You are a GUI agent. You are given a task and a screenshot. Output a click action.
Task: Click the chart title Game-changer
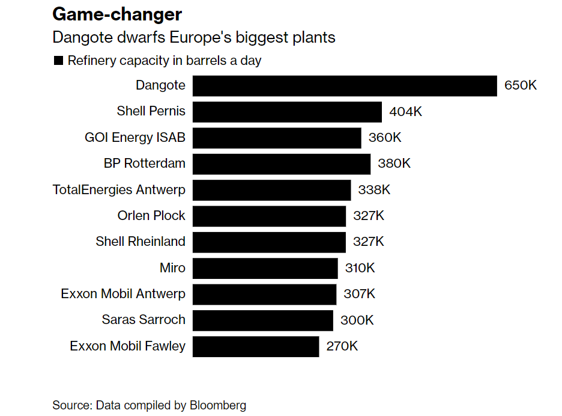(117, 14)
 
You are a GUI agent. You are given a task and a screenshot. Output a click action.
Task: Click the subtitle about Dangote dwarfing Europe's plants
(193, 37)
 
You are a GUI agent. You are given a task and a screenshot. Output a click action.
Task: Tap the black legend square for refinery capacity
(58, 61)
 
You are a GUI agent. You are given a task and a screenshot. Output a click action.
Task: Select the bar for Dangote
(344, 85)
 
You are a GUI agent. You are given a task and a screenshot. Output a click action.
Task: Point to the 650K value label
(520, 85)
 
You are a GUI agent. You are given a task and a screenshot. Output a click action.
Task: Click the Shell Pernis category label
(151, 111)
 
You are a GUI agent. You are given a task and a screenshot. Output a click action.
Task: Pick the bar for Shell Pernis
(287, 112)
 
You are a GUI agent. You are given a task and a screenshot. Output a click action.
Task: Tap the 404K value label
(405, 112)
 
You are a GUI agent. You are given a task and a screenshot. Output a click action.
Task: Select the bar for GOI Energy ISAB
(276, 138)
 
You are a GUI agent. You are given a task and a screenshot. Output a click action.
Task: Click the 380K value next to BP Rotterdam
(394, 164)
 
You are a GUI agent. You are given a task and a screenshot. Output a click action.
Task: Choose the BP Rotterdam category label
(144, 164)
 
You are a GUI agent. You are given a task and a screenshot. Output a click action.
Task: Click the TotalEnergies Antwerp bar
(271, 190)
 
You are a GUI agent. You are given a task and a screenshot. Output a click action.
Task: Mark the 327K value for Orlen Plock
(368, 216)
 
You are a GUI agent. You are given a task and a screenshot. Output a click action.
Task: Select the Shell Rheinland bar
(269, 242)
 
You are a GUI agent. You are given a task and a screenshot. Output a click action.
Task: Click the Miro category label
(172, 268)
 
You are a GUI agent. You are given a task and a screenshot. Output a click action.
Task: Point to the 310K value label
(360, 268)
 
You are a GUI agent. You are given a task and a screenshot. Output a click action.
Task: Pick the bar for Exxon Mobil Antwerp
(264, 295)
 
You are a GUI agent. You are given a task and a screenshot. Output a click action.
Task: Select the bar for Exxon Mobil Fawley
(256, 347)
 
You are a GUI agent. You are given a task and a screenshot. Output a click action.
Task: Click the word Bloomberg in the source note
(218, 405)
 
